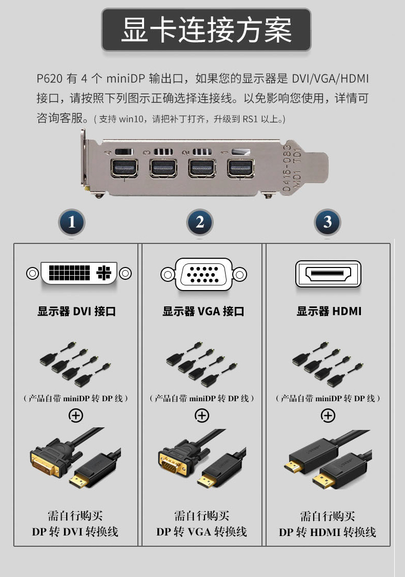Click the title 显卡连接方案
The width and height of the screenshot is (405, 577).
pos(207,30)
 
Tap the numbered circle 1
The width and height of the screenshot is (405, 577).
pos(72,222)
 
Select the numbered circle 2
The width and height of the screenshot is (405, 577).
pos(200,222)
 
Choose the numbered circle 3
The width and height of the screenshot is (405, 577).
pos(328,222)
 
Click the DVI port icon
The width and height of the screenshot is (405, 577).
pos(79,273)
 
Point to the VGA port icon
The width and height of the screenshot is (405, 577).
pos(204,274)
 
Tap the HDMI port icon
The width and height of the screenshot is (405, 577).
pos(329,274)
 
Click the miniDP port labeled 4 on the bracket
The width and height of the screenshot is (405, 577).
pos(124,168)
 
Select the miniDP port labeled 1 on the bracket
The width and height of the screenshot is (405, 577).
pos(241,168)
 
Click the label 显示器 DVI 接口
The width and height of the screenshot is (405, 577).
pos(76,312)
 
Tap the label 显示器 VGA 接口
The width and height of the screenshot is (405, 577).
pos(203,312)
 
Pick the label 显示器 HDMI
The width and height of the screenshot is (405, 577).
pos(329,312)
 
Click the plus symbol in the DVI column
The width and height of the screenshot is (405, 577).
pos(76,416)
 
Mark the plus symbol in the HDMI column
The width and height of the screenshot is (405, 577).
pos(328,416)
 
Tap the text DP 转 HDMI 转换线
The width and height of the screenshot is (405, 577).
pos(327,532)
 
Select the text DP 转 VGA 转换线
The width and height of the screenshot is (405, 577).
pos(201,532)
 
